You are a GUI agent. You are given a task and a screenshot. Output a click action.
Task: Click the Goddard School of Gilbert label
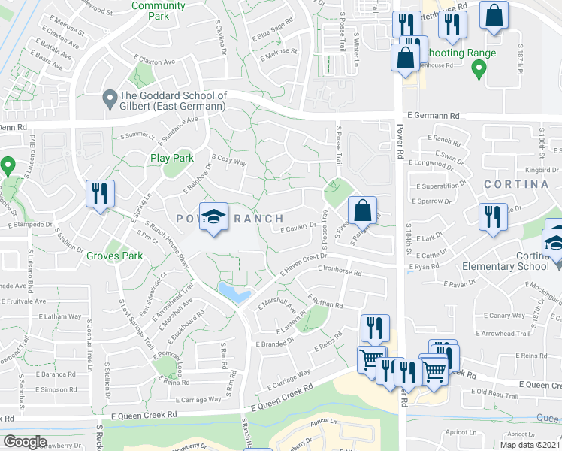174,102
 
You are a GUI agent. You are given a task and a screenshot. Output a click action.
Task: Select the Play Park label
171,158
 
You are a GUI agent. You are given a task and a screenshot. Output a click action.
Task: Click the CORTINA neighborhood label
515,184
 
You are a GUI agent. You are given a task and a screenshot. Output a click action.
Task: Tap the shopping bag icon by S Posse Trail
362,210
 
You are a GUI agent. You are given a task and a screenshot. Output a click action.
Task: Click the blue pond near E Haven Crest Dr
234,292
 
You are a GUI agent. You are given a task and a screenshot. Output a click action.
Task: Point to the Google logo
25,442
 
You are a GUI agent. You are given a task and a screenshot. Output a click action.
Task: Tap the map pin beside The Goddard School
110,97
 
